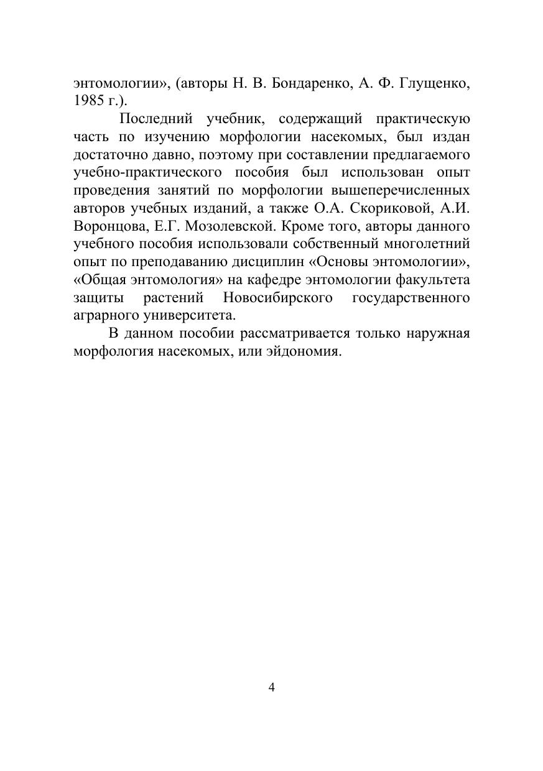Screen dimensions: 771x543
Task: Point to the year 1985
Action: click(x=88, y=101)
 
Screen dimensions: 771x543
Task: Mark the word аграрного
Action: click(x=105, y=314)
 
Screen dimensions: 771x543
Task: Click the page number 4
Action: click(x=271, y=687)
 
